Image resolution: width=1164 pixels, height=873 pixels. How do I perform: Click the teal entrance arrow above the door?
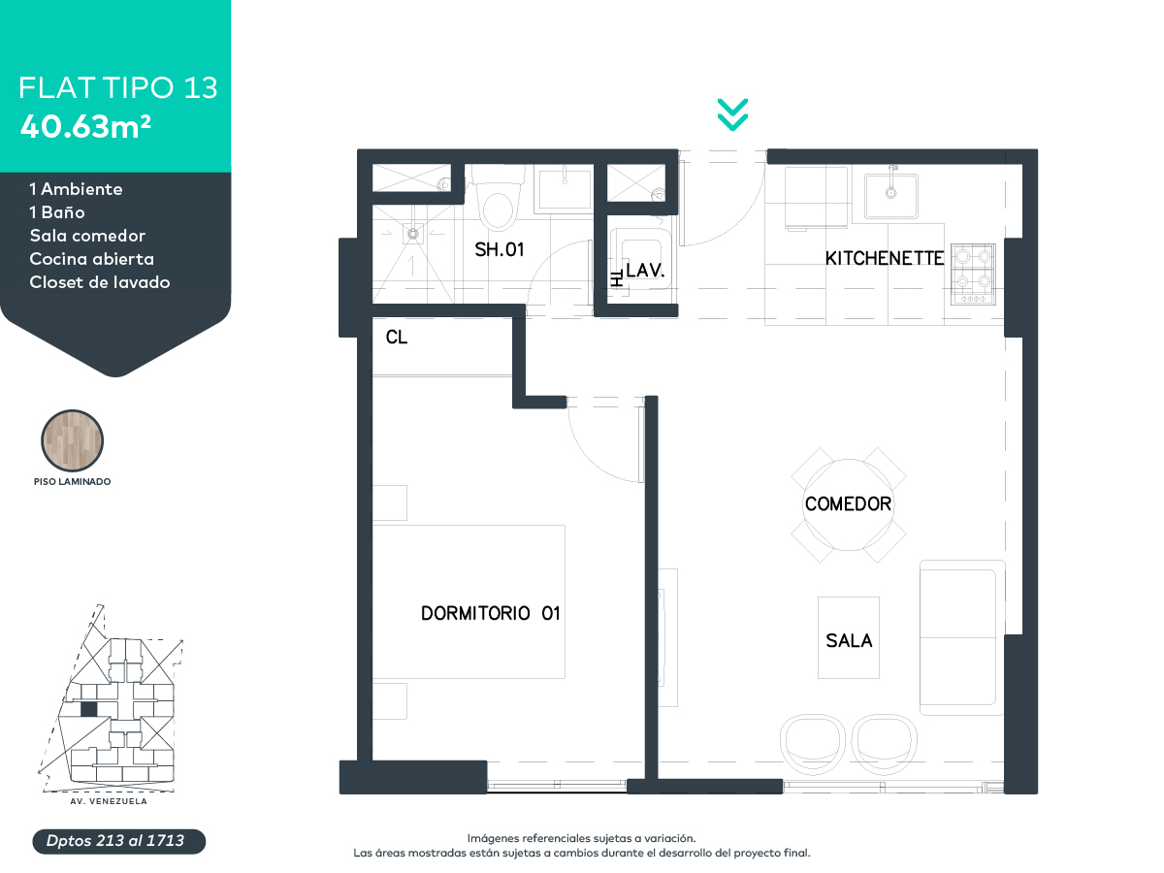pyautogui.click(x=732, y=113)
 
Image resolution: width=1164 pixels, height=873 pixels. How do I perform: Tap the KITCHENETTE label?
pyautogui.click(x=884, y=258)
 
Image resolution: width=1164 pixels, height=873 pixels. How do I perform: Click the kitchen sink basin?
pyautogui.click(x=891, y=192)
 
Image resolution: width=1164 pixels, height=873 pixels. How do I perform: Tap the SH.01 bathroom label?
pyautogui.click(x=499, y=249)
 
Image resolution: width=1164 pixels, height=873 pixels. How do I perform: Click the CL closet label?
pyautogui.click(x=396, y=338)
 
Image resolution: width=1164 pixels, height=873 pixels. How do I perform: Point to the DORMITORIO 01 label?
pyautogui.click(x=491, y=613)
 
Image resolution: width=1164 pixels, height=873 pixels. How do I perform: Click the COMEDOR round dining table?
pyautogui.click(x=848, y=504)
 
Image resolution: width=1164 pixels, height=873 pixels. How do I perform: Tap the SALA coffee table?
pyautogui.click(x=849, y=638)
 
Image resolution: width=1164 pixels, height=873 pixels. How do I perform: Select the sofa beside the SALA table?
pyautogui.click(x=958, y=637)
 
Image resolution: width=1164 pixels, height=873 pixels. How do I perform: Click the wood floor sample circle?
pyautogui.click(x=72, y=440)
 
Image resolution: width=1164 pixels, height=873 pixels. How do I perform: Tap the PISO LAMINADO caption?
pyautogui.click(x=72, y=481)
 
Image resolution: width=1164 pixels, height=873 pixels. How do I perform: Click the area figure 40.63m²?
pyautogui.click(x=85, y=126)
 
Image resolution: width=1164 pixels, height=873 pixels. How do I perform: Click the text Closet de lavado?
pyautogui.click(x=100, y=282)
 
